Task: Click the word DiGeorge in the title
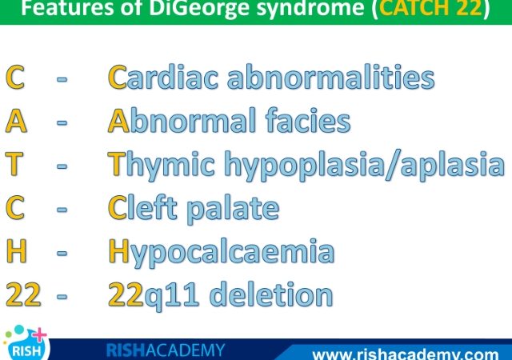(199, 8)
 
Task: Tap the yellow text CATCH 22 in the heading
(430, 8)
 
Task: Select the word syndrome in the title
(310, 8)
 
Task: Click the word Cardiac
(163, 77)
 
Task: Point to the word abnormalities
(330, 77)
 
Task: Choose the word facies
(307, 120)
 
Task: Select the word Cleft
(142, 207)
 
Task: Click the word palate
(233, 209)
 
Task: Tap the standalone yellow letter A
(16, 121)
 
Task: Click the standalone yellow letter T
(14, 164)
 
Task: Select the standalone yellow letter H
(16, 251)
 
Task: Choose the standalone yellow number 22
(23, 294)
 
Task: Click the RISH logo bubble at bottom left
(26, 343)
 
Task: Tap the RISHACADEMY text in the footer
(166, 350)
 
